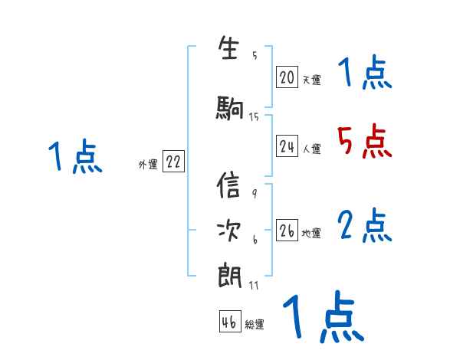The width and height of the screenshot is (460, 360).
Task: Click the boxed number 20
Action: click(x=287, y=77)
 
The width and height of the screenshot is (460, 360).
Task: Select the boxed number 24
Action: click(x=287, y=146)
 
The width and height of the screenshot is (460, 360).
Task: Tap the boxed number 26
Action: click(x=287, y=231)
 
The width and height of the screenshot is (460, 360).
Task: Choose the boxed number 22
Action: click(x=173, y=162)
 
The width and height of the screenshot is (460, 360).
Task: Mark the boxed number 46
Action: click(x=229, y=322)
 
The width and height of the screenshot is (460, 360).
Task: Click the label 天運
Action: click(x=311, y=80)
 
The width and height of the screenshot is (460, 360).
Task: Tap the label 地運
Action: click(x=311, y=234)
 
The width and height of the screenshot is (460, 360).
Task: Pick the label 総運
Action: click(x=255, y=325)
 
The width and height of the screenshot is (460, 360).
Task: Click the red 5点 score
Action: click(x=363, y=140)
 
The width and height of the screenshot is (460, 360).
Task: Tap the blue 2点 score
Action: click(x=364, y=225)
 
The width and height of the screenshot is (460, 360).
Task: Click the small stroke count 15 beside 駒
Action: click(x=254, y=116)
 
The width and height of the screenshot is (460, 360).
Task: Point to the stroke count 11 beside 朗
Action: click(x=254, y=286)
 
